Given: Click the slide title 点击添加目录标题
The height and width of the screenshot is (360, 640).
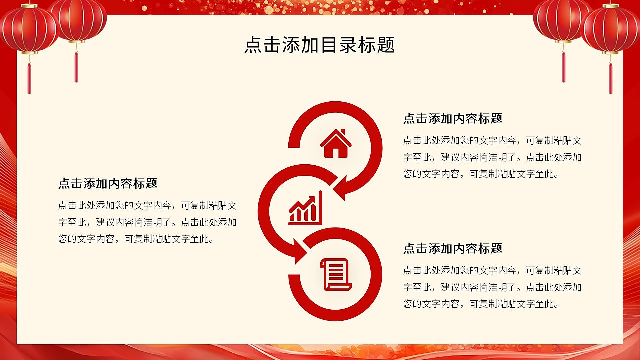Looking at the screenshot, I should point(319,45).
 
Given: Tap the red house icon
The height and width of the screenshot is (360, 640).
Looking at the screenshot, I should point(336,144).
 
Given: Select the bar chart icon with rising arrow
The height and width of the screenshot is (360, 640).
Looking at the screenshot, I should point(305,209).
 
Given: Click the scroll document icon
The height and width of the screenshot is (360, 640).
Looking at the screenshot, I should point(336,274).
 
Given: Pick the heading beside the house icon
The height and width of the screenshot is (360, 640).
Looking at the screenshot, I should point(452,118).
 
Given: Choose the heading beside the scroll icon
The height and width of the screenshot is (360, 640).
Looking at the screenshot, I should point(452,248).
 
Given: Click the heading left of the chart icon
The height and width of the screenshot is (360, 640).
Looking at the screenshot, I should point(107,183).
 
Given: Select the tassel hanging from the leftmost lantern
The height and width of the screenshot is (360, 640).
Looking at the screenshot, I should point(29,78).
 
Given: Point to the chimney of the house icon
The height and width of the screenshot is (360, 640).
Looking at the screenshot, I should point(343,132).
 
